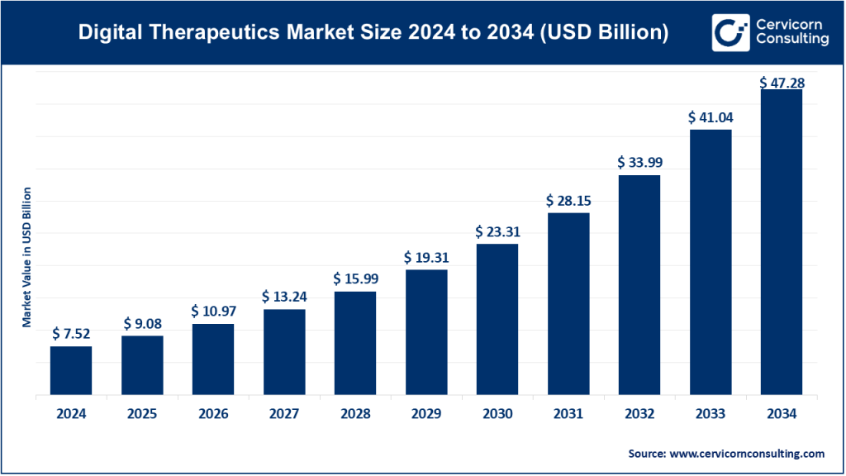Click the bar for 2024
coord(71,370)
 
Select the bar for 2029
coord(425,332)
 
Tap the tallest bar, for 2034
coord(781,242)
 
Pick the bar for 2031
coord(568,304)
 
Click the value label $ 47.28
coord(782,83)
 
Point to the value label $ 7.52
coord(71,333)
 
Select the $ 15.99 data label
coord(354,278)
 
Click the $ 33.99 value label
coord(639,162)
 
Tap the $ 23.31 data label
coord(497,231)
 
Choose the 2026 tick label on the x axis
coord(213,414)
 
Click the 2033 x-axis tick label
coord(711,414)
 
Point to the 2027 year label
coord(284,414)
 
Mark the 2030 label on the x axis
coord(497,414)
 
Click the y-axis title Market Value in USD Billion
coord(26,257)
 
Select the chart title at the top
coord(373,33)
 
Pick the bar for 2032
coord(639,285)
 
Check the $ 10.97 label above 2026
coord(213,311)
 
